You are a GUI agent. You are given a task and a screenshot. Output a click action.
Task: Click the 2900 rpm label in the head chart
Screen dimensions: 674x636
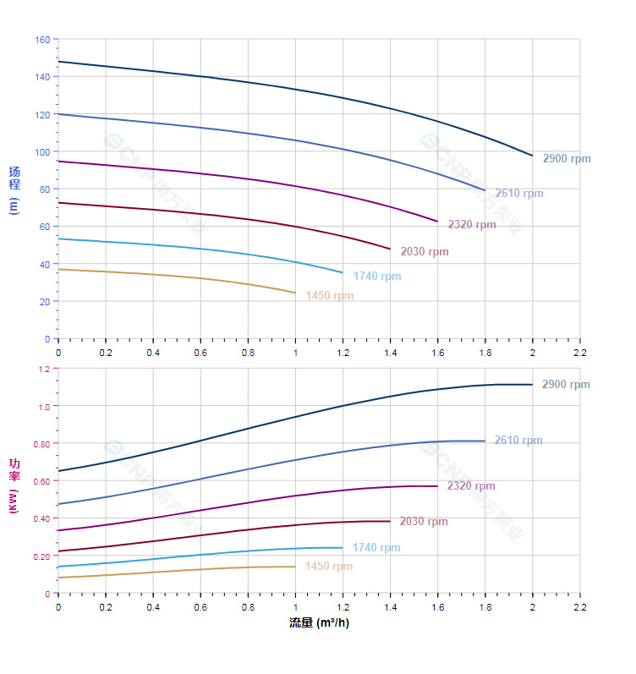click(567, 159)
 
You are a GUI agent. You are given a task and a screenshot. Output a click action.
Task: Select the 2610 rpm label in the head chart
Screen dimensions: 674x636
click(519, 193)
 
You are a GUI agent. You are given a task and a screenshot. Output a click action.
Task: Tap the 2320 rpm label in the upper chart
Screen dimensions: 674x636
click(472, 225)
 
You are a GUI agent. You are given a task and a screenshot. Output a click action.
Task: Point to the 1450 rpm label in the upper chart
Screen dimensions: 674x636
click(330, 296)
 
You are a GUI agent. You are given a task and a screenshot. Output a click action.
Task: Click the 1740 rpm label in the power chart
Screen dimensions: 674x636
click(376, 548)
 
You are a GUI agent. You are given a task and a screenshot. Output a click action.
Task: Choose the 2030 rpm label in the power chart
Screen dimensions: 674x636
click(424, 522)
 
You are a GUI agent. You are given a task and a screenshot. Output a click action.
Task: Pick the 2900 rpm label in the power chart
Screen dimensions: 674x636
click(566, 385)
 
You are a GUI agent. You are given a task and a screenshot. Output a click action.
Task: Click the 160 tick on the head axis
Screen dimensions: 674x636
click(42, 40)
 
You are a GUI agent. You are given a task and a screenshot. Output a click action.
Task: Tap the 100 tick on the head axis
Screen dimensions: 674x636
click(42, 152)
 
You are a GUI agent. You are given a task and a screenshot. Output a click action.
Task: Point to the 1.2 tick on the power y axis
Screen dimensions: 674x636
click(44, 369)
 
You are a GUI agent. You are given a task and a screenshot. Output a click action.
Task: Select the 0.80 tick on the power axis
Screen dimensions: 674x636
click(42, 444)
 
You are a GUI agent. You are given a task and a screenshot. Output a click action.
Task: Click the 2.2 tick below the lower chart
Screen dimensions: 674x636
click(579, 607)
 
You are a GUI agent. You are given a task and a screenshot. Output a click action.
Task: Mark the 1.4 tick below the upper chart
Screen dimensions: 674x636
click(390, 352)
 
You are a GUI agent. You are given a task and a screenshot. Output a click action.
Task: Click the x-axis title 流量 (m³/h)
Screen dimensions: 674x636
click(319, 623)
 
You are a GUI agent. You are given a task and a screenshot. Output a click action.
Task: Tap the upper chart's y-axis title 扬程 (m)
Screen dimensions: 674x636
click(14, 189)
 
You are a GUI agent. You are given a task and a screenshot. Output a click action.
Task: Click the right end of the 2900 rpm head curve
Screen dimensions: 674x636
click(532, 156)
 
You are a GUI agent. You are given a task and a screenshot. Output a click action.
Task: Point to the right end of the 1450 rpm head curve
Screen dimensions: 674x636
click(295, 293)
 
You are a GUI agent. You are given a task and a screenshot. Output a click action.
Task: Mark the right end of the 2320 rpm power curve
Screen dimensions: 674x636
click(437, 486)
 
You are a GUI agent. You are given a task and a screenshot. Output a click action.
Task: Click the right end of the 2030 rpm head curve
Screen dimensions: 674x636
click(390, 249)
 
